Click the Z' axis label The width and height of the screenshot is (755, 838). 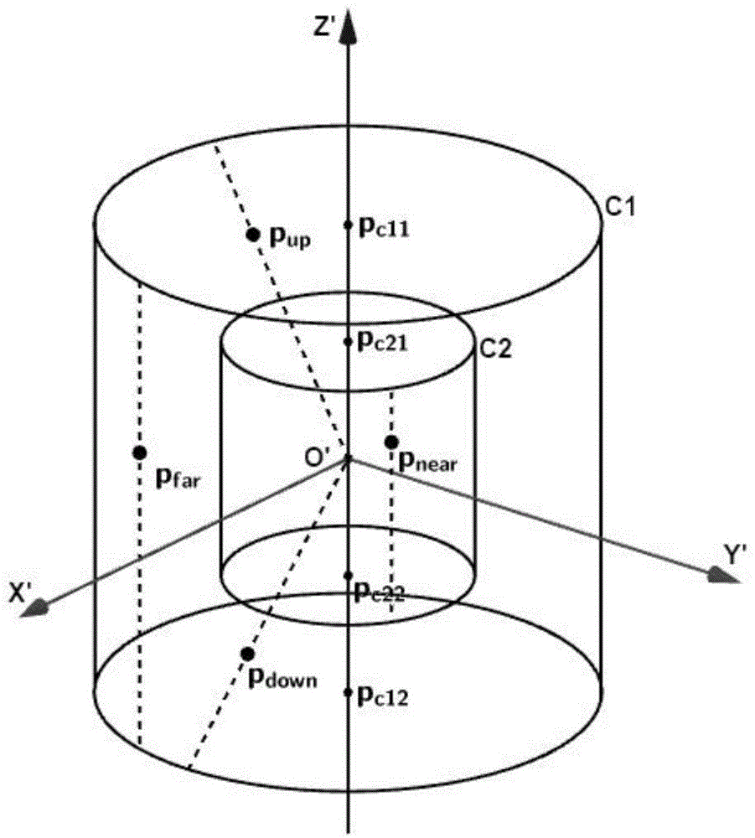click(323, 26)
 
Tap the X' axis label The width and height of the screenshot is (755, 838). click(22, 592)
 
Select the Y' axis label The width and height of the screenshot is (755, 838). click(732, 556)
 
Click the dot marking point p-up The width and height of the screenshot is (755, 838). click(253, 234)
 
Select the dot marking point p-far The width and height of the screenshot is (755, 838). click(139, 453)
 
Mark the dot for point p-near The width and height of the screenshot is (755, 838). click(392, 442)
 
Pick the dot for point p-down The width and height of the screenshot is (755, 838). click(247, 654)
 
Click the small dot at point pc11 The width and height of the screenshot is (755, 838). click(348, 225)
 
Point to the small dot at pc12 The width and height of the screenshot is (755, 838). click(348, 692)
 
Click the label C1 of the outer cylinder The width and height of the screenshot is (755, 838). click(620, 207)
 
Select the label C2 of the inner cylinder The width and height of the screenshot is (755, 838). click(495, 349)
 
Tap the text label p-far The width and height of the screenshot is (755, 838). click(178, 479)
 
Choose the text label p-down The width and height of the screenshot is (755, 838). click(283, 679)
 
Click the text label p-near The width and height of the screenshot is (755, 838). click(428, 463)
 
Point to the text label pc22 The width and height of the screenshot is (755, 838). click(380, 592)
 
